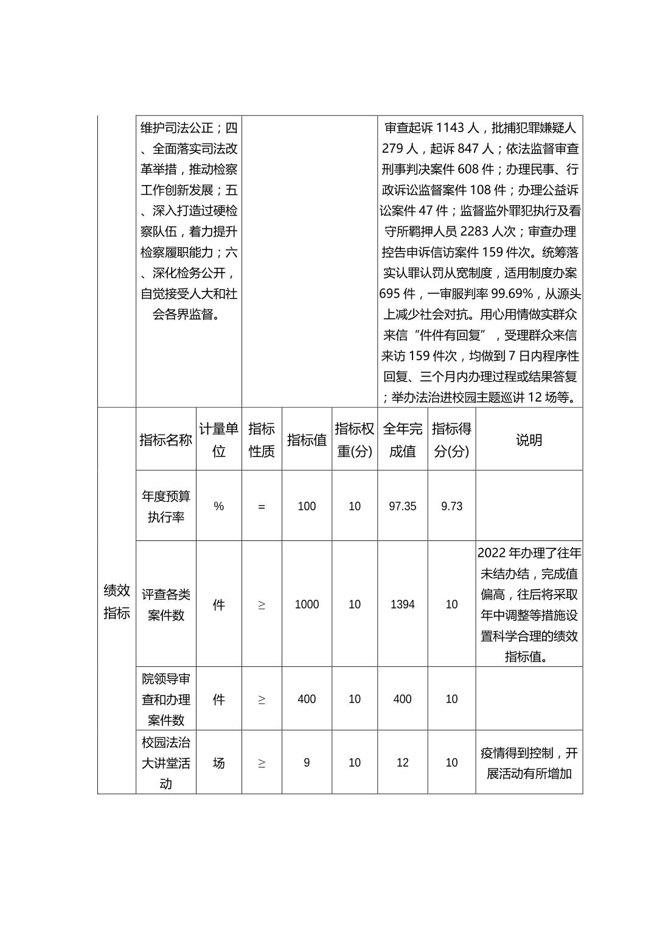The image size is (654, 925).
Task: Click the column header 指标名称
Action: click(x=165, y=440)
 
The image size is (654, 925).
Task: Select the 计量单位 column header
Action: click(x=218, y=440)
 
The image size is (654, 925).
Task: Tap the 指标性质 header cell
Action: click(x=262, y=440)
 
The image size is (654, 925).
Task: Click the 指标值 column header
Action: click(x=307, y=440)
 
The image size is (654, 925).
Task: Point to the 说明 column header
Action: click(x=529, y=440)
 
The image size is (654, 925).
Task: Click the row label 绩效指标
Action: click(x=116, y=601)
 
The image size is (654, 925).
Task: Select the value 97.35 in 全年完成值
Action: click(x=402, y=506)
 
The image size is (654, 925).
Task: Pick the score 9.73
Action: click(x=451, y=506)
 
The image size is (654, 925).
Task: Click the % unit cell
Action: click(x=218, y=506)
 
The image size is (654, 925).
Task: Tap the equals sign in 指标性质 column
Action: click(x=262, y=506)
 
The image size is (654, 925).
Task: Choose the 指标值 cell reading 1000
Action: click(x=307, y=604)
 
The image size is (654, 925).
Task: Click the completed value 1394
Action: click(x=402, y=604)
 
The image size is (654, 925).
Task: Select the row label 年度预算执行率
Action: click(x=165, y=506)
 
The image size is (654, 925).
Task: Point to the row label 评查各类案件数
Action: click(x=165, y=604)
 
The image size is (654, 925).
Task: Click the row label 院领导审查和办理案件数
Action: click(x=165, y=699)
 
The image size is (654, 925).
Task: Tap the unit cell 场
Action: click(x=218, y=763)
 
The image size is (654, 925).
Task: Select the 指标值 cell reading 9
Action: click(x=307, y=763)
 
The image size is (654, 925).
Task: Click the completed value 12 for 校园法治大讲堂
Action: click(x=402, y=763)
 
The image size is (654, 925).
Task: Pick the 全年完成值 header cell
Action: click(x=402, y=440)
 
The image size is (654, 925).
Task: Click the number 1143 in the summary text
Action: click(x=450, y=128)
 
